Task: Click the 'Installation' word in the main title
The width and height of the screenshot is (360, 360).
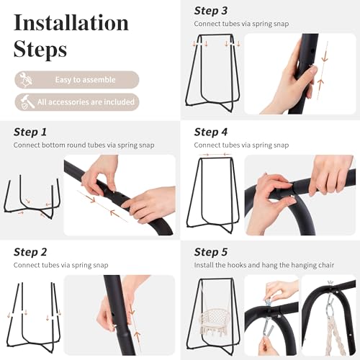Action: point(71,22)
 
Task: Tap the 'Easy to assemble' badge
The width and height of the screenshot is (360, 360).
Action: point(77,80)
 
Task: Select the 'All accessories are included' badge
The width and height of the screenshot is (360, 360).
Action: point(77,102)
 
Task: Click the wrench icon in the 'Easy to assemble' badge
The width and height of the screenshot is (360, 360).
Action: point(26,79)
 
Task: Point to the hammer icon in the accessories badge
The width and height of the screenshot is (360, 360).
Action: point(27,102)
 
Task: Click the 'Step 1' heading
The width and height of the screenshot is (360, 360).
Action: point(30,132)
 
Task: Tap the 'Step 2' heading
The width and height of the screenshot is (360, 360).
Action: point(30,252)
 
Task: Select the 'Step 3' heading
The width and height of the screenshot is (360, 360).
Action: point(211,11)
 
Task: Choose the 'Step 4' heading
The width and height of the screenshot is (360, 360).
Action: point(211,132)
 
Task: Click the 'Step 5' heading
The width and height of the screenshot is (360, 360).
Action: point(211,252)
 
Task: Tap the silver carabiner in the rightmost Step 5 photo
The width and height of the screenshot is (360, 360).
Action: point(330,305)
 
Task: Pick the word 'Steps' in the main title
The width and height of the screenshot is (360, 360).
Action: point(40,50)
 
